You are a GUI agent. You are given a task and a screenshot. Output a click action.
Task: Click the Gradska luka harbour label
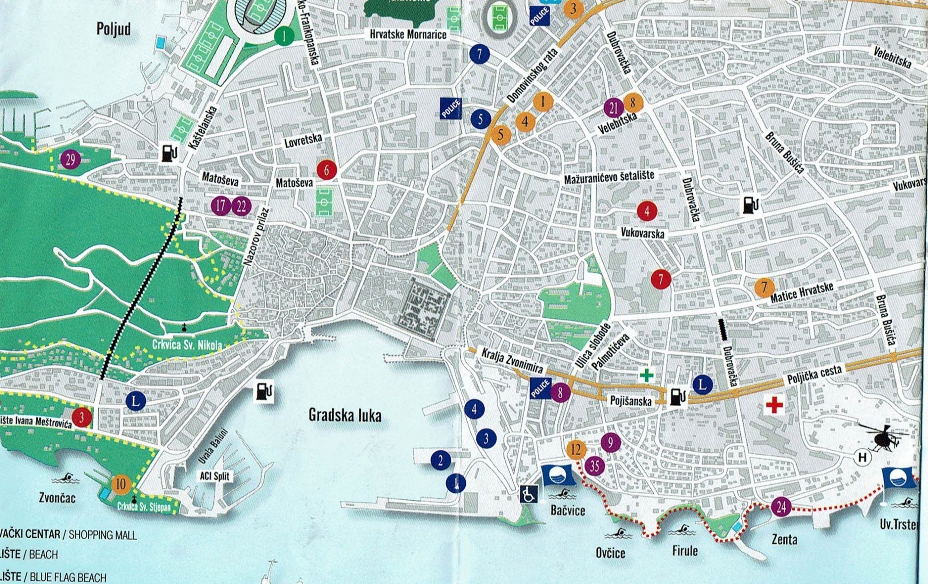point(344,415)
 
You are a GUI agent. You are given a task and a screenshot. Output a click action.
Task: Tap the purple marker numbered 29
point(71,159)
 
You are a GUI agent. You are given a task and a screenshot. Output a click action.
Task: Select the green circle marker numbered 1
point(284,36)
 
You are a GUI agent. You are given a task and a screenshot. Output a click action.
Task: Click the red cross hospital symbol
point(774,405)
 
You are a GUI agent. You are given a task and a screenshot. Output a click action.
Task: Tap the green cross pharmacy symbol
point(647,375)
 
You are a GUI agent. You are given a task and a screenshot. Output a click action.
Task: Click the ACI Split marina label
point(214,476)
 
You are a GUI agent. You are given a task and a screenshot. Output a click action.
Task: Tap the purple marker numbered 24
point(781,507)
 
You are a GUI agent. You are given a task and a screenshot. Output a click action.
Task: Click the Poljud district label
point(114,29)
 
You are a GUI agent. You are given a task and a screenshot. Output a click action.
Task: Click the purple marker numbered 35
point(595,466)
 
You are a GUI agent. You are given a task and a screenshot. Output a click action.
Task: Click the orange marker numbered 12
point(576,450)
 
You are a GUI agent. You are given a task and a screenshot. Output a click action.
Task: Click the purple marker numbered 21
point(614,108)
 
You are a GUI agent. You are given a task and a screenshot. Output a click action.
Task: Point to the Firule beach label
point(684,551)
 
